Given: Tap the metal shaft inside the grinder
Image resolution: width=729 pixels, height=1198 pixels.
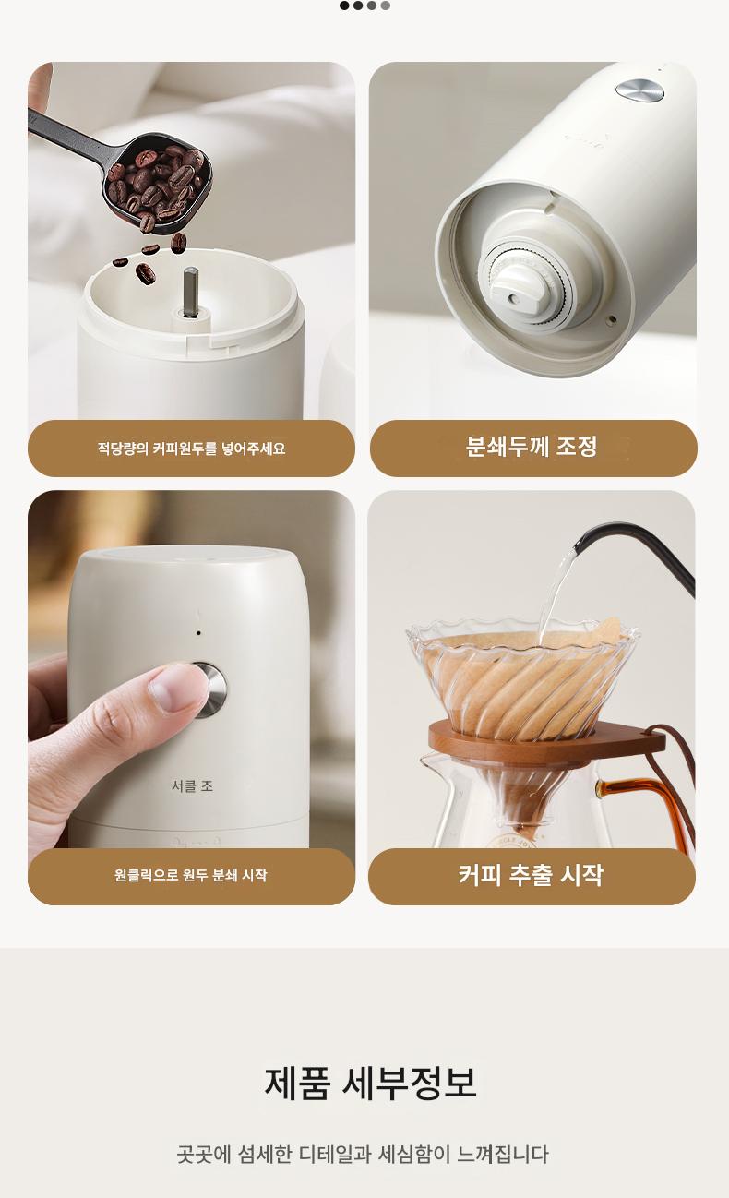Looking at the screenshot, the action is (x=190, y=292).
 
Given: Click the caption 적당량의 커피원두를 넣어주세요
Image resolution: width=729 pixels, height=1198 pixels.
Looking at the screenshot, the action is (x=191, y=449).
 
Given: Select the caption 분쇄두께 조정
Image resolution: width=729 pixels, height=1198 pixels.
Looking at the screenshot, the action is (x=532, y=446).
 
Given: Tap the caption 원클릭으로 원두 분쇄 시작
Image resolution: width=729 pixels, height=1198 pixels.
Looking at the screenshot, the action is (x=190, y=876).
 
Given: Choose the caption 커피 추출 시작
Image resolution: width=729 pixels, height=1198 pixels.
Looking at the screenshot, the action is (x=531, y=875).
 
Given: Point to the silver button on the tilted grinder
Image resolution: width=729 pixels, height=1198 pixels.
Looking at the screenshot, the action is (x=639, y=90).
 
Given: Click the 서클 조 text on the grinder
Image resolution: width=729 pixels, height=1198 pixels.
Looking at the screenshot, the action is (x=193, y=785).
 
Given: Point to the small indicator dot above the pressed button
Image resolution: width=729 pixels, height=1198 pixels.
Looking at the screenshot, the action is (x=199, y=633).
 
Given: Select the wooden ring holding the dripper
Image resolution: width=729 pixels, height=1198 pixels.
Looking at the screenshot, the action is (x=546, y=741).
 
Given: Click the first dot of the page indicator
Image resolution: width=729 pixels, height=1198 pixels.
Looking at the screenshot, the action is (x=344, y=6).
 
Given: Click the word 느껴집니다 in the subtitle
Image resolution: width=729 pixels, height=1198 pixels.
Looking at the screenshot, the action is (x=503, y=1155).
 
